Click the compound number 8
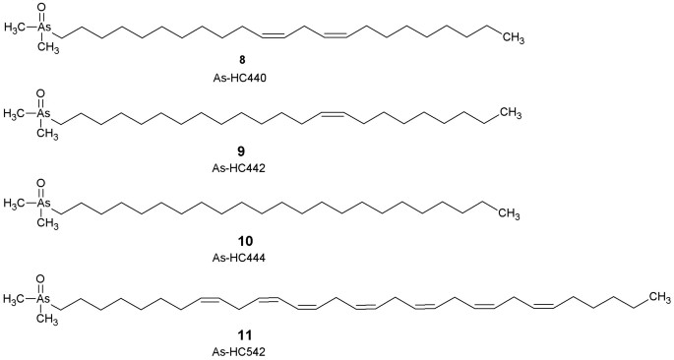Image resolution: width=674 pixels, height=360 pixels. [x=238, y=61]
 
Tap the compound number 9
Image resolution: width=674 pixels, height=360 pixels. [x=238, y=150]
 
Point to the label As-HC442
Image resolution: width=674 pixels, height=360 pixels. [x=238, y=168]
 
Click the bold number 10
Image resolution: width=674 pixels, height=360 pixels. [x=238, y=241]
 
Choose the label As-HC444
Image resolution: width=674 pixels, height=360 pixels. [x=238, y=258]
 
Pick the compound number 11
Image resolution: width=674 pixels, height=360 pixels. [x=238, y=334]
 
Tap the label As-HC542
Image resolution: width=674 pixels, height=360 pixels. [x=238, y=352]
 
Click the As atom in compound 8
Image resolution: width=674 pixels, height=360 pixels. [x=44, y=28]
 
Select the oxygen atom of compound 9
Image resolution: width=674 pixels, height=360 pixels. [x=41, y=93]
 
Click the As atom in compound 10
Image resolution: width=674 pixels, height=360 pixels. [x=44, y=203]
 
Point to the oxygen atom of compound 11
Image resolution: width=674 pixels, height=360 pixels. [x=41, y=278]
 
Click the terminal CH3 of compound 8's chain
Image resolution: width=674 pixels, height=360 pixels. [x=514, y=40]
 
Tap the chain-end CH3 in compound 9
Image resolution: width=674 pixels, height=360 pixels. [x=511, y=113]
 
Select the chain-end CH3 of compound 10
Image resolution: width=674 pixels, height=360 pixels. [x=510, y=214]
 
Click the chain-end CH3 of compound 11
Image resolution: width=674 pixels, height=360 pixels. [x=659, y=296]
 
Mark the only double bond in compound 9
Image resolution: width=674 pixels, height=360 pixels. [x=333, y=114]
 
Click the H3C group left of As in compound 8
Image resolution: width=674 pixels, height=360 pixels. [x=14, y=28]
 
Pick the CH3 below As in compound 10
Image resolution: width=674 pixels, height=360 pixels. [x=47, y=223]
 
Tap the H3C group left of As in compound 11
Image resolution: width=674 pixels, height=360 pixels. [x=14, y=299]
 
